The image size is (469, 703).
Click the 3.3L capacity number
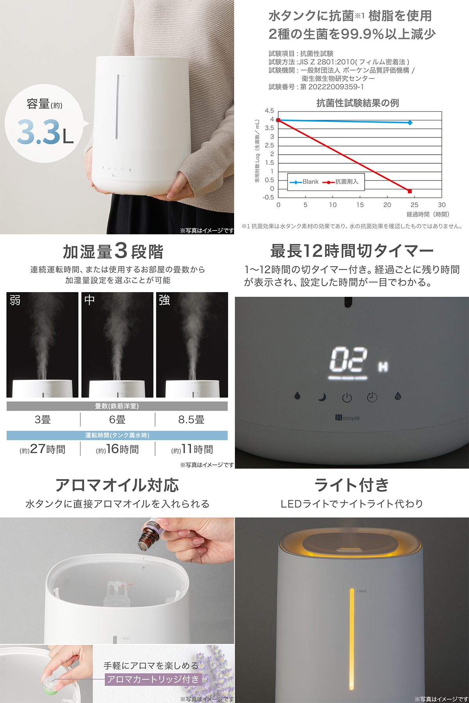pos(45,132)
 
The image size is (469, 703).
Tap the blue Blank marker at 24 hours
pos(410,123)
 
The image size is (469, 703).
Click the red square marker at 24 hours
pos(410,191)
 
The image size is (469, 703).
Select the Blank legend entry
pos(305,182)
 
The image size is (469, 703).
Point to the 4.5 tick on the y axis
pos(269,111)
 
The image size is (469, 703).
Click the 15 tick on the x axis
pos(360,205)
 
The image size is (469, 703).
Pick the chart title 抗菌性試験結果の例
pos(357,103)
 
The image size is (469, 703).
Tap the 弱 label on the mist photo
pos(15,300)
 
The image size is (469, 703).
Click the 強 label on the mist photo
pos(164,300)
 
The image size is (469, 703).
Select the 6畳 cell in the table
pos(117,420)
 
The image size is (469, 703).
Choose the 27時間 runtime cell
pos(43,449)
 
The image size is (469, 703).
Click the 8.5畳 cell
pos(191,420)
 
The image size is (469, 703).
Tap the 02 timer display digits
pos(348,360)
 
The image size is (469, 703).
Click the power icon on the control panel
pos(347,398)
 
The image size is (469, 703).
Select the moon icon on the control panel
pos(322,398)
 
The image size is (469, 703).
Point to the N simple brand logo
pos(347,418)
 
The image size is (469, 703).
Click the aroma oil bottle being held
pos(148,535)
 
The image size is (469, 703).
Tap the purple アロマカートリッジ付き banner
pos(153,680)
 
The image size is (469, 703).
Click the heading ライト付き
pos(351,485)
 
